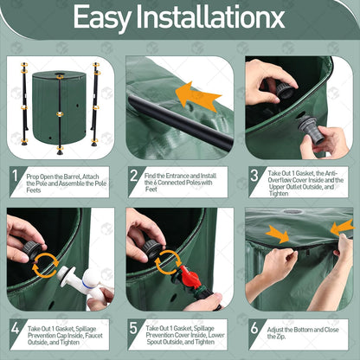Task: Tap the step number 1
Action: (x=16, y=176)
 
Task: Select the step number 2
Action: (x=134, y=176)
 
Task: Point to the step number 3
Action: (x=254, y=176)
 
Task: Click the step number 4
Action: (x=16, y=328)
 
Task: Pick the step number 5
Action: (x=133, y=328)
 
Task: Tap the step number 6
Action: (x=254, y=328)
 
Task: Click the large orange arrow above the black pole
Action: (x=197, y=97)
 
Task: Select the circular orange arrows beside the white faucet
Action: (x=45, y=265)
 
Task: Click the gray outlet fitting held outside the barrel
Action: (x=311, y=129)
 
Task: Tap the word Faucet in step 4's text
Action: (x=93, y=336)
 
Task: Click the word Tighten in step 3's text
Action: (x=279, y=194)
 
